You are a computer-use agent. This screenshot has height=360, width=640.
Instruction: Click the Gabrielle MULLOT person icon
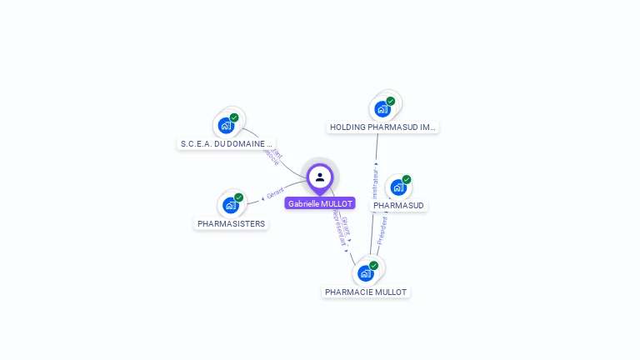pyautogui.click(x=320, y=177)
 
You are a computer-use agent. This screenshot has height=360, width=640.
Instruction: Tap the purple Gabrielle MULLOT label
pyautogui.click(x=320, y=203)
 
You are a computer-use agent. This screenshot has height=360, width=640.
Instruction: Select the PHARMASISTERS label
pyautogui.click(x=232, y=224)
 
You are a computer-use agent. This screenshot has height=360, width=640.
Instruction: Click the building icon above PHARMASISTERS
pyautogui.click(x=230, y=205)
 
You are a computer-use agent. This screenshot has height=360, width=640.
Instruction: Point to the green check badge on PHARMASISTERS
pyautogui.click(x=239, y=197)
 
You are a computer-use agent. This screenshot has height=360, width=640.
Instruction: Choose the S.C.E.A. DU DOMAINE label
pyautogui.click(x=227, y=144)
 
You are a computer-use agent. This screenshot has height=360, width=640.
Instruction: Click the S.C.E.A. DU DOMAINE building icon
pyautogui.click(x=225, y=126)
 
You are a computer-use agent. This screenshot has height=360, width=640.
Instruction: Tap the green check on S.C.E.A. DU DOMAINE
pyautogui.click(x=234, y=118)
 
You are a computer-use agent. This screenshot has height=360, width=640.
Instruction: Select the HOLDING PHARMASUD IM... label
pyautogui.click(x=382, y=127)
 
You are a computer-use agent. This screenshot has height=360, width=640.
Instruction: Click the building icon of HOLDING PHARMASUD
pyautogui.click(x=382, y=108)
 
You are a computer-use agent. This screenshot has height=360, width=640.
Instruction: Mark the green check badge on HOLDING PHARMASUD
pyautogui.click(x=391, y=101)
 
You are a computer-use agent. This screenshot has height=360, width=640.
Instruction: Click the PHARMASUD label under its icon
pyautogui.click(x=398, y=206)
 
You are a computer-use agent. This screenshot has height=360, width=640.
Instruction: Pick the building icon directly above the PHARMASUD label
pyautogui.click(x=397, y=187)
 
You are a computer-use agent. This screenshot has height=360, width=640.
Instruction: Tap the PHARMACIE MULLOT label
pyautogui.click(x=366, y=292)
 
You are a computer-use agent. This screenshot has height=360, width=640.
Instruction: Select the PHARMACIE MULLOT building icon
pyautogui.click(x=365, y=273)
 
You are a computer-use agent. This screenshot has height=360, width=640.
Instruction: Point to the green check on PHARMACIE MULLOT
pyautogui.click(x=374, y=266)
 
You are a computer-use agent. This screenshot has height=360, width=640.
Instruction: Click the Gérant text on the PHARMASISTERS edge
pyautogui.click(x=276, y=194)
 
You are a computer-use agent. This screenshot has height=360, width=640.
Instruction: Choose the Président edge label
pyautogui.click(x=382, y=230)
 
